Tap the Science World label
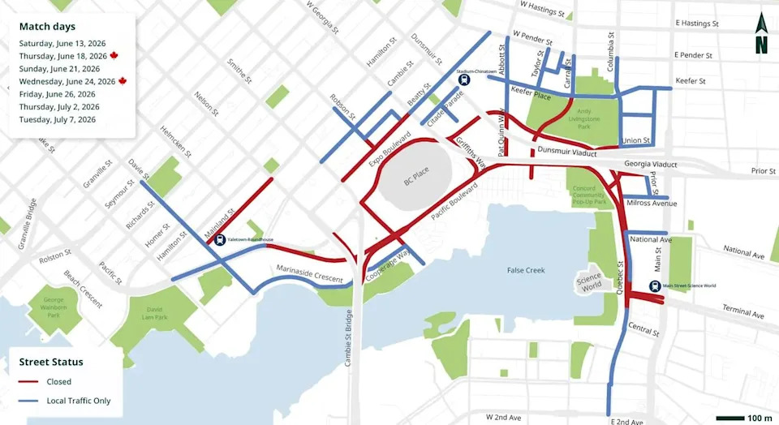point(589,283)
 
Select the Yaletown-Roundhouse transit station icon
point(221,240)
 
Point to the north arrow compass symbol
point(761,34)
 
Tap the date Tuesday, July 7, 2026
point(58,119)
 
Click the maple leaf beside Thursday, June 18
point(114,56)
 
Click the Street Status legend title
point(52,362)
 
